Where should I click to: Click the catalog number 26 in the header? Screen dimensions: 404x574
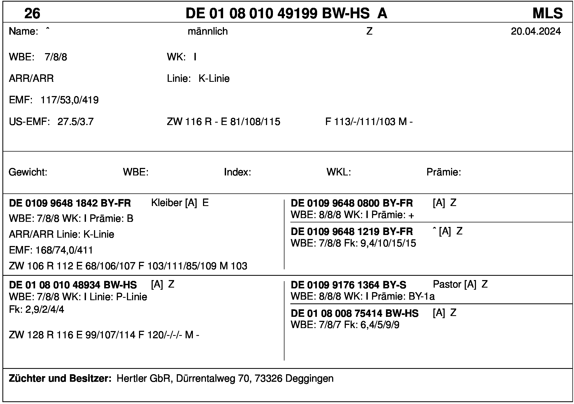point(32,13)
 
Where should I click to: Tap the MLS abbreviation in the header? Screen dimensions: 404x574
point(547,13)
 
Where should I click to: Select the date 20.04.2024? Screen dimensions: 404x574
point(536,31)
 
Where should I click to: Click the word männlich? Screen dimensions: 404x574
point(208,31)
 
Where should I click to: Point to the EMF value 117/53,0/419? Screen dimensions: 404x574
point(70,100)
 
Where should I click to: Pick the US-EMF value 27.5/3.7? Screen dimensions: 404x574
point(76,122)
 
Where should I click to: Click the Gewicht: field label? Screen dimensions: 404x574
point(28,172)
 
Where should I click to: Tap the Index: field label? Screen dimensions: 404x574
point(237,172)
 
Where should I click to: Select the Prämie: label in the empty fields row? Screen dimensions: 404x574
point(444,172)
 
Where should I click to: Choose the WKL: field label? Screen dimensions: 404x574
point(339,172)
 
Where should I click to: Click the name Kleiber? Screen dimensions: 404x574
point(167,203)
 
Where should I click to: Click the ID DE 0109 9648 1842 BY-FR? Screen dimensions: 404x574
point(70,203)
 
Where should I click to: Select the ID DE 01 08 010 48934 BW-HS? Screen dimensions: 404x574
point(73,285)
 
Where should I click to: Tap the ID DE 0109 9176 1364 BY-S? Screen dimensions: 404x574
point(348,285)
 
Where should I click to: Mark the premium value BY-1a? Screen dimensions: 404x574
point(422,296)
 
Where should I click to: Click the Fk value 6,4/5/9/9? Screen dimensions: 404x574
point(380,325)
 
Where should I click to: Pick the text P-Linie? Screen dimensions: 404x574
point(132,297)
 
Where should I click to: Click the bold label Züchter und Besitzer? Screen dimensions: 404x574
point(60,378)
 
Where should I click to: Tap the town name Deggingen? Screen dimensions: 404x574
point(309,379)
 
